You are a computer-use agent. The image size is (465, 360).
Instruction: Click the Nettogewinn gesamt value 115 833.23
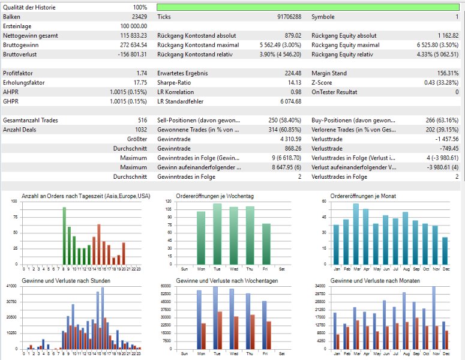tap(133, 35)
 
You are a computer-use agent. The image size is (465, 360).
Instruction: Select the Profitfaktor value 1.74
tap(142, 73)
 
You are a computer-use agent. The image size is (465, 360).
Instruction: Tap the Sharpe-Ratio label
tap(174, 83)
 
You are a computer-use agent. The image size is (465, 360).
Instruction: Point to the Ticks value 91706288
tap(289, 17)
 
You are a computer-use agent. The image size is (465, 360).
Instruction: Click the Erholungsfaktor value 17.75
tap(140, 83)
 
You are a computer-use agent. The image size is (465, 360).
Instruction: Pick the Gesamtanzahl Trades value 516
tap(142, 121)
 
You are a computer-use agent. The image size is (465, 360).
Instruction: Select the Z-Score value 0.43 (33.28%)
tap(441, 83)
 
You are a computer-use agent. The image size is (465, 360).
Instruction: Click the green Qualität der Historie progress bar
tap(308, 7)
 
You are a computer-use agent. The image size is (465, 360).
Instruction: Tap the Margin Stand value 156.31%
tap(448, 73)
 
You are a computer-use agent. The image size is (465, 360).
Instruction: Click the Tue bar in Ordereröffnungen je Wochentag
tap(217, 234)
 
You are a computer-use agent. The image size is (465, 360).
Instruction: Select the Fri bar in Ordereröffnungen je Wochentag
tap(266, 244)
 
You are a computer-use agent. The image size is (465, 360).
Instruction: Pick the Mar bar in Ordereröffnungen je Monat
tap(356, 234)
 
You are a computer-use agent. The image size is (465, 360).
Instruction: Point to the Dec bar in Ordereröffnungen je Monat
tap(445, 251)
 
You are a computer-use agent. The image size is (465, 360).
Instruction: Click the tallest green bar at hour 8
tap(64, 236)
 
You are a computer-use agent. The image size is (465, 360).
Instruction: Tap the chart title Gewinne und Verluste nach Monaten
tap(375, 281)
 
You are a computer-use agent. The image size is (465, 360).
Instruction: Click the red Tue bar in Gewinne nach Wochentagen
tap(220, 331)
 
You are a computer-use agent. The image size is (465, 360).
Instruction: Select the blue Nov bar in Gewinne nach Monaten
tap(434, 317)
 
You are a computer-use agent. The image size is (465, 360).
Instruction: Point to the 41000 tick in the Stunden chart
tap(11, 286)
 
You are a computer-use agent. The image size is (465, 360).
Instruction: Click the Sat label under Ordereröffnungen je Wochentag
tap(282, 269)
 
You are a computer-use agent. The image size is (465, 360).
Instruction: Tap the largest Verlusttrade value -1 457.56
tap(447, 139)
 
